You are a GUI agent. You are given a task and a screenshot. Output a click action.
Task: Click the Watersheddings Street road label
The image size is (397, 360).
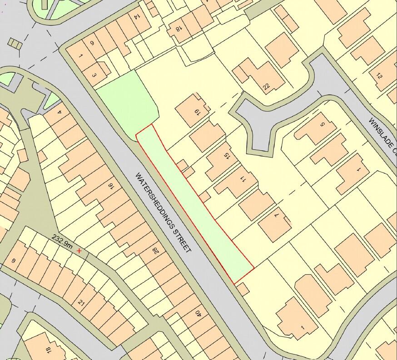(x=163, y=212)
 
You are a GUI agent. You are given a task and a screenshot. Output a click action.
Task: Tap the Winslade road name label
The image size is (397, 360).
(x=382, y=137)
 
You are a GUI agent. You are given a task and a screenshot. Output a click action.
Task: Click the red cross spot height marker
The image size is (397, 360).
(x=79, y=250)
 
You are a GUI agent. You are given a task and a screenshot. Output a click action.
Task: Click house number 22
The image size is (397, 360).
(x=266, y=85)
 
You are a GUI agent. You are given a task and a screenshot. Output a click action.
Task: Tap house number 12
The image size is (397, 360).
(x=379, y=76)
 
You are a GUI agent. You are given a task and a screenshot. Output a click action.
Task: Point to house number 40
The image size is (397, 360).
(x=198, y=313)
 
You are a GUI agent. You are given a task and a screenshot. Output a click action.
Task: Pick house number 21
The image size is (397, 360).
(x=82, y=303)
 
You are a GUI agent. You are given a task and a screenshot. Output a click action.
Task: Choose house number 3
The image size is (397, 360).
(x=94, y=75)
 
